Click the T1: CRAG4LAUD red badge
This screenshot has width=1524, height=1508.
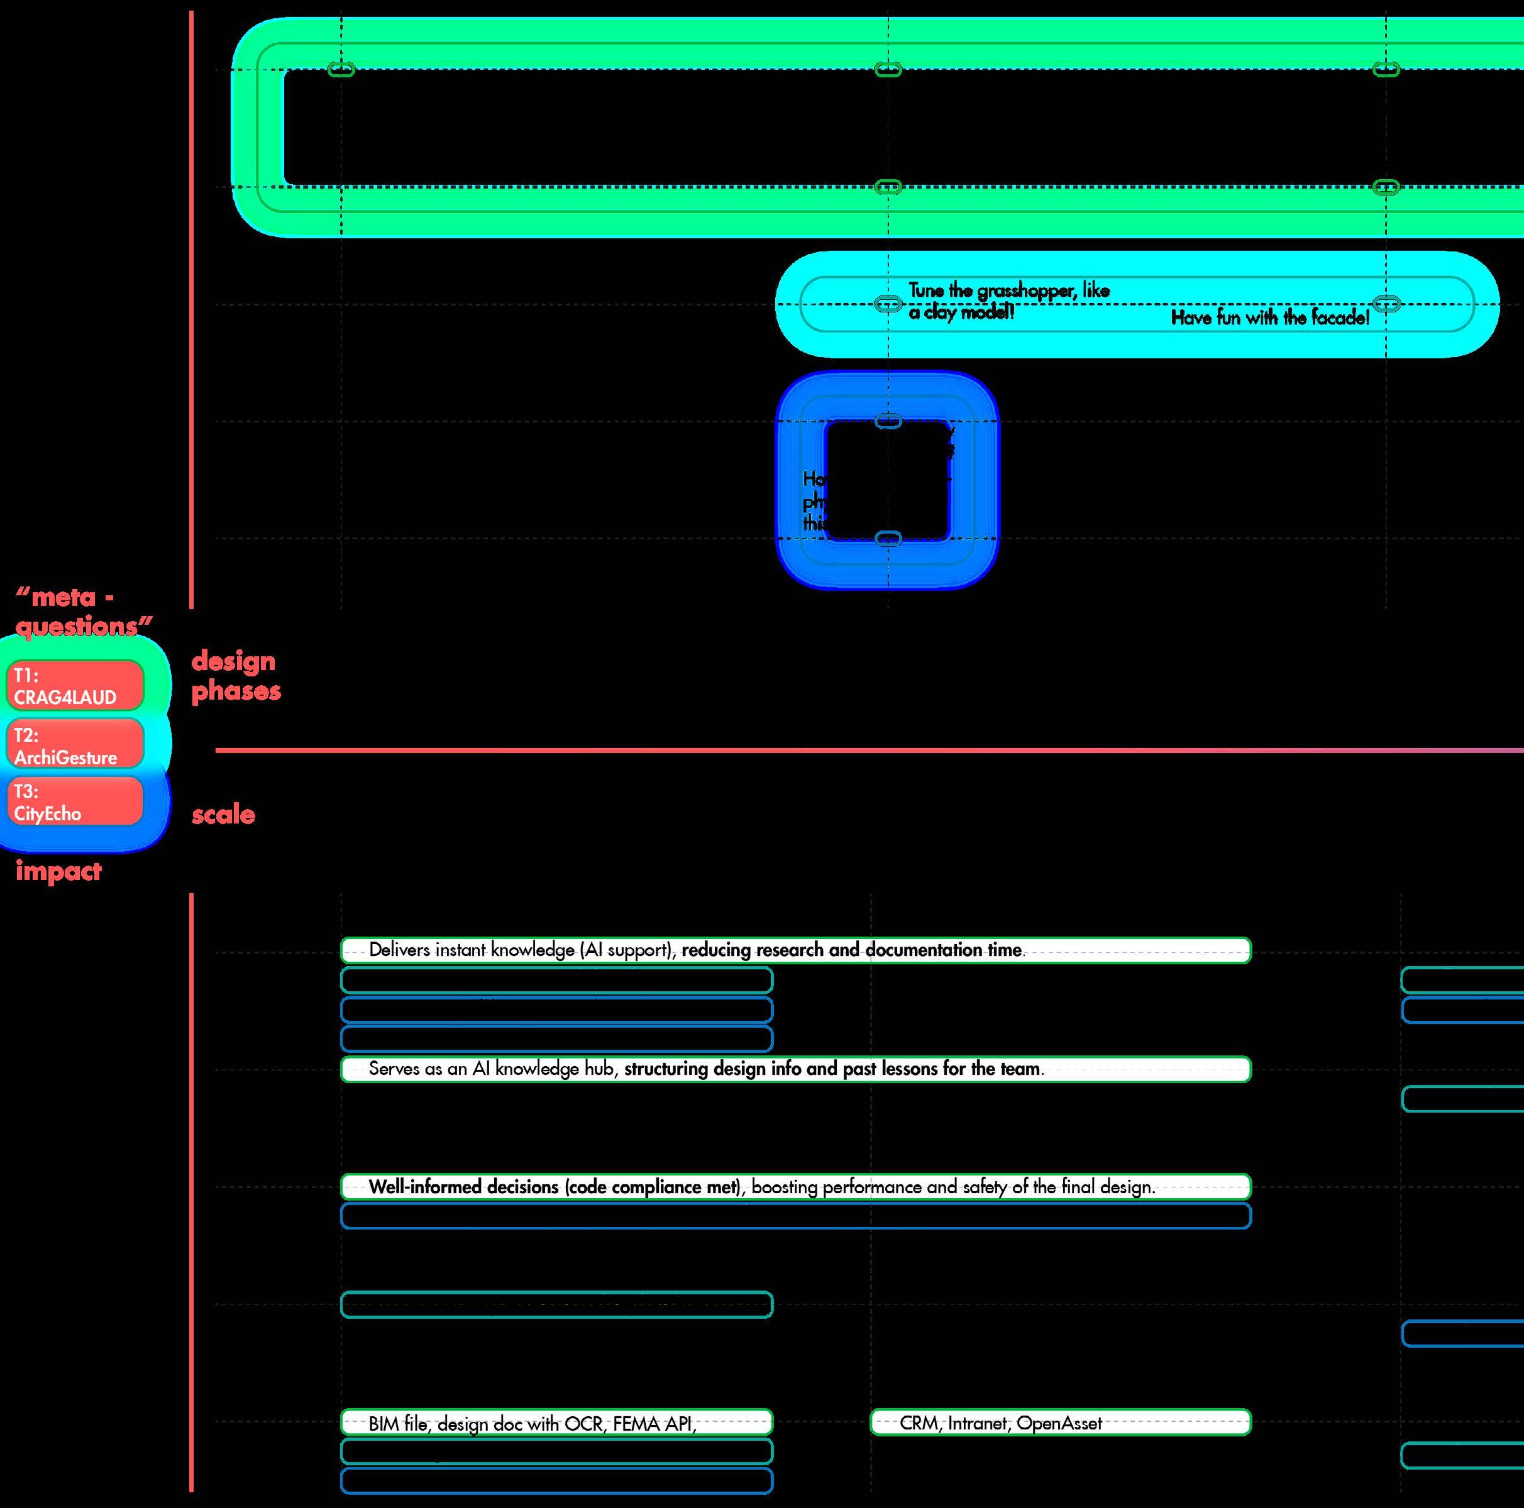coord(75,685)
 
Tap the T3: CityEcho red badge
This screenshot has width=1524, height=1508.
coord(75,801)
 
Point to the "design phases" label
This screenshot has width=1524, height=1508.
coord(235,675)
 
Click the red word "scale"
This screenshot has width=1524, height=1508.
coord(223,814)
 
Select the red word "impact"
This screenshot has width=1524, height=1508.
coord(58,871)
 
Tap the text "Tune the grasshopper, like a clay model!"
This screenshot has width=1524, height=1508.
coord(1008,300)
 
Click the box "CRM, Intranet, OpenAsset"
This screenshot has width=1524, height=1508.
coord(1060,1423)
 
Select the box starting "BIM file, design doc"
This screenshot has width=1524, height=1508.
coord(556,1423)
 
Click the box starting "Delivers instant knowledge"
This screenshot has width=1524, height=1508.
coord(795,950)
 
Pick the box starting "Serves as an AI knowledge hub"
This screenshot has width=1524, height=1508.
coord(795,1069)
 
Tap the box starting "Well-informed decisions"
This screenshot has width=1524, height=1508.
coord(795,1186)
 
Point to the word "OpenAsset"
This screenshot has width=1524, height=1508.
coord(1059,1423)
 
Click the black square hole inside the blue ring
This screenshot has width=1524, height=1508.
coord(886,480)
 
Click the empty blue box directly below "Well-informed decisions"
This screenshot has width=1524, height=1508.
coord(795,1216)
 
